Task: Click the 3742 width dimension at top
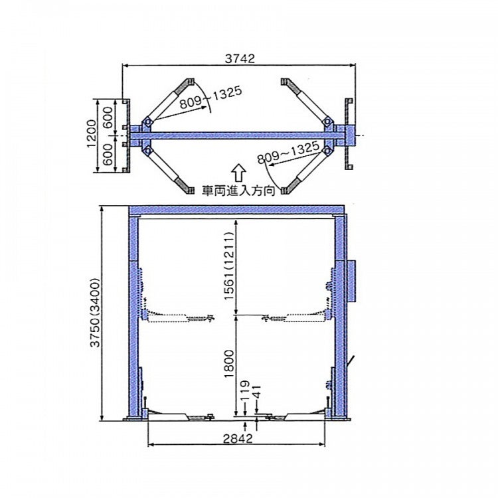tap(240, 58)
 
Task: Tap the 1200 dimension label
tap(92, 133)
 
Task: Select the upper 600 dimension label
tap(108, 118)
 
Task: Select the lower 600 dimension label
tap(108, 154)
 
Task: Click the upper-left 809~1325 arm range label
tap(210, 97)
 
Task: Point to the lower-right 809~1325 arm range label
tap(288, 152)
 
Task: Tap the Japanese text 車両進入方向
tap(238, 191)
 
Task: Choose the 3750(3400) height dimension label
tap(95, 313)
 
